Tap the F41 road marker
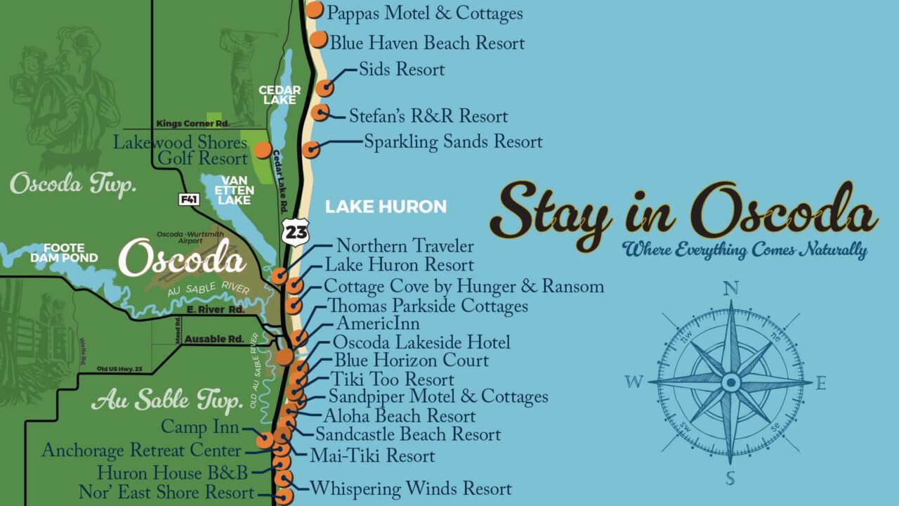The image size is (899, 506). point(188,200)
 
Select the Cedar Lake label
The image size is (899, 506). point(280,95)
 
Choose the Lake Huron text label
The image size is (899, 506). point(386,207)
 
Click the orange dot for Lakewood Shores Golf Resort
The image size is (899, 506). point(262,150)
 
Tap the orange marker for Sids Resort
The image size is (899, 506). point(324,88)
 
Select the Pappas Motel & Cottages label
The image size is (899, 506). point(425,13)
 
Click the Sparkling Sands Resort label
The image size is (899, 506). point(453,142)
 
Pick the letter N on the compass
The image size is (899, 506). point(731,288)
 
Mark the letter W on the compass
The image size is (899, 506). point(634,382)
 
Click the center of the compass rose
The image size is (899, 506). point(731,382)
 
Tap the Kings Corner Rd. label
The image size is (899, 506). point(193,124)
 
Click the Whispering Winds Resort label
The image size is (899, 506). point(411,488)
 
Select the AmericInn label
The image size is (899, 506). point(378,324)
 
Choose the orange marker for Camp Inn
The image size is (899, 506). point(265,441)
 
